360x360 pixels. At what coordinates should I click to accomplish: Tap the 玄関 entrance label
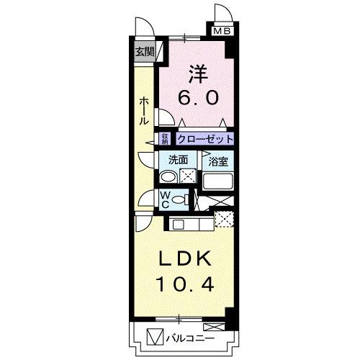tap(144, 52)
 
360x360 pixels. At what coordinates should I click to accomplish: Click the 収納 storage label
tap(165, 139)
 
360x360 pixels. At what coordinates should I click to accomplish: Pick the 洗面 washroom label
tap(179, 160)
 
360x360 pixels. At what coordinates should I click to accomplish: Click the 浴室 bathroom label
tap(219, 162)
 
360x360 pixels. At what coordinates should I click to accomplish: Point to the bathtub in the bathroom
tap(219, 180)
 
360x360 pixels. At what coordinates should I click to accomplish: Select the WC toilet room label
tap(164, 198)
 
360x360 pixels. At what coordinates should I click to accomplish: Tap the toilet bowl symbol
tap(182, 200)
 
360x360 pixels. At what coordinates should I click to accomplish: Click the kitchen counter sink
tap(178, 225)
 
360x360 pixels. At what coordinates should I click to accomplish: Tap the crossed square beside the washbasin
tap(187, 177)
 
